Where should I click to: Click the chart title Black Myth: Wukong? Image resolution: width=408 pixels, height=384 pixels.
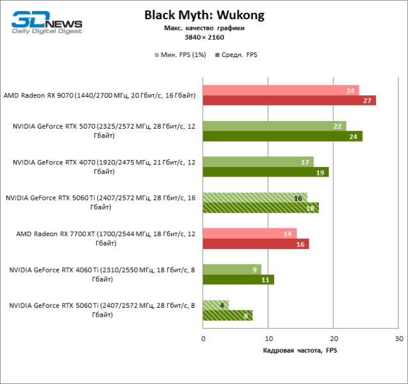pyautogui.click(x=204, y=15)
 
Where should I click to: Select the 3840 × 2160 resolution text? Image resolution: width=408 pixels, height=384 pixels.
pyautogui.click(x=204, y=37)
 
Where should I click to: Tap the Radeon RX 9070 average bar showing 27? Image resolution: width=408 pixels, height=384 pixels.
pyautogui.click(x=289, y=100)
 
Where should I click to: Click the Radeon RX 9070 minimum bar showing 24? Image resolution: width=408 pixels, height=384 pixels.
pyautogui.click(x=281, y=90)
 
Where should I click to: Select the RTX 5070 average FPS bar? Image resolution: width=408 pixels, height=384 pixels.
pyautogui.click(x=282, y=136)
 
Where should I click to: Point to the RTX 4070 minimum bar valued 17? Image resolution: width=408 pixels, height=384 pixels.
pyautogui.click(x=258, y=162)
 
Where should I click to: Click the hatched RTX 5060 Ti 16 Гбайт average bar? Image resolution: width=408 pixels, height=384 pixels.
pyautogui.click(x=261, y=208)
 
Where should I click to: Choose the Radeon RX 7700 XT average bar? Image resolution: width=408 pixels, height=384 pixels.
pyautogui.click(x=256, y=244)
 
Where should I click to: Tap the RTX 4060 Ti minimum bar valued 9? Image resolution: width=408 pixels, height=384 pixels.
pyautogui.click(x=232, y=269)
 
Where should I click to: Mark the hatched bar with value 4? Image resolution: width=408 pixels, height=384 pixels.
pyautogui.click(x=216, y=305)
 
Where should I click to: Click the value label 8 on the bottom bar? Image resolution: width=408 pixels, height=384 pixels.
pyautogui.click(x=246, y=316)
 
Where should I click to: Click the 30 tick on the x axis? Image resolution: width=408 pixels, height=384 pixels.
pyautogui.click(x=399, y=337)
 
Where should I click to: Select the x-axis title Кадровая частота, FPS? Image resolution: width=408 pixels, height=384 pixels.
pyautogui.click(x=300, y=350)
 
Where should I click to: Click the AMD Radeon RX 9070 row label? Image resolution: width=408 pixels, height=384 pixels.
pyautogui.click(x=99, y=95)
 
